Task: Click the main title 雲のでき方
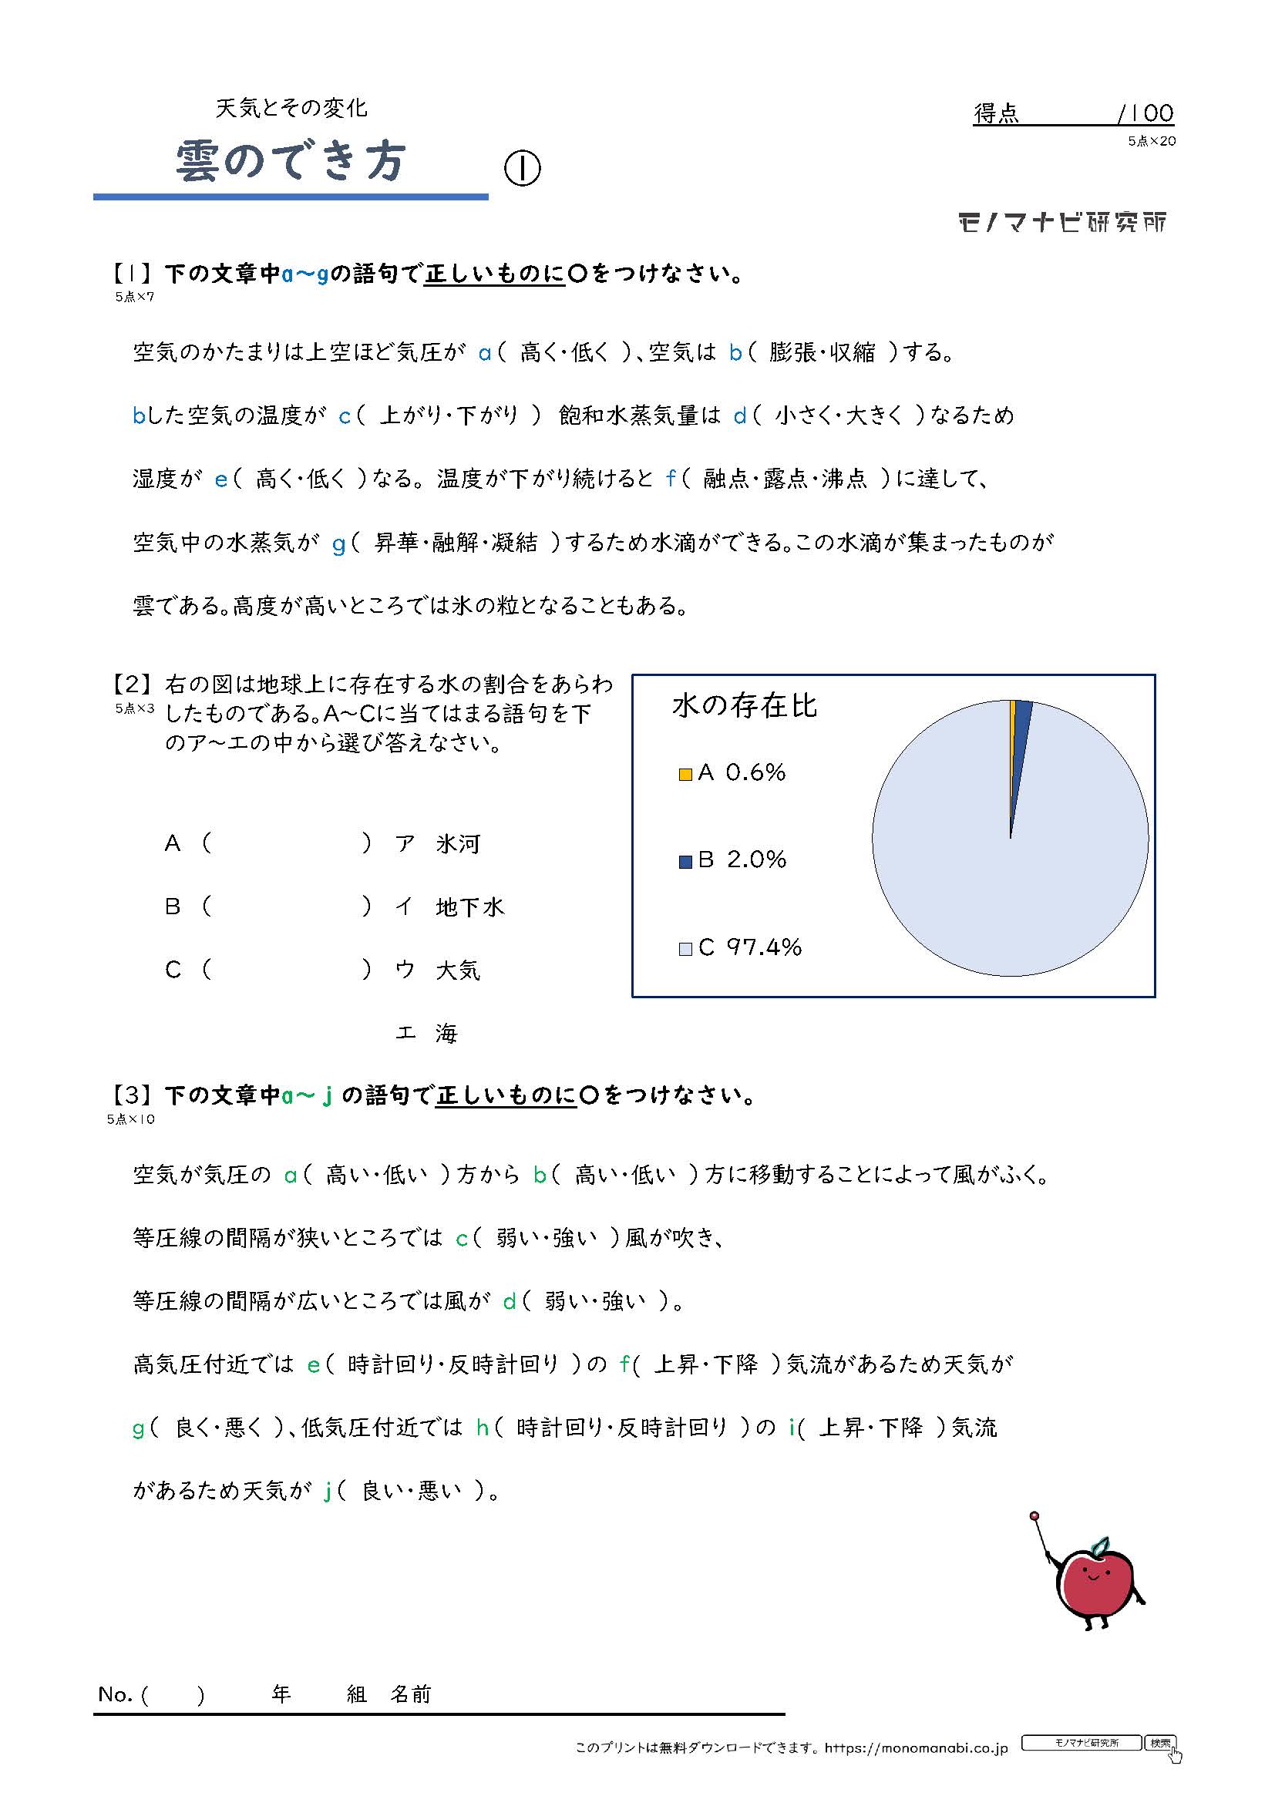[290, 162]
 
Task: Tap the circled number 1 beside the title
[522, 167]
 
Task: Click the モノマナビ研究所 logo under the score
[1062, 223]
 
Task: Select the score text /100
[1145, 114]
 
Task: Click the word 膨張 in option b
[791, 352]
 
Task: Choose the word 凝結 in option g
[514, 543]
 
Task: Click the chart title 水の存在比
[745, 706]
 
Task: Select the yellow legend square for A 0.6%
[685, 774]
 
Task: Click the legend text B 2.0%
[742, 859]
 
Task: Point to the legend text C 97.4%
[750, 947]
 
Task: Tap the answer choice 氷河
[458, 844]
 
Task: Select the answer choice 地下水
[469, 908]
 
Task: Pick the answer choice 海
[447, 1034]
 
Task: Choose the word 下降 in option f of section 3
[735, 1364]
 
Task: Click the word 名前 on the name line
[412, 1694]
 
